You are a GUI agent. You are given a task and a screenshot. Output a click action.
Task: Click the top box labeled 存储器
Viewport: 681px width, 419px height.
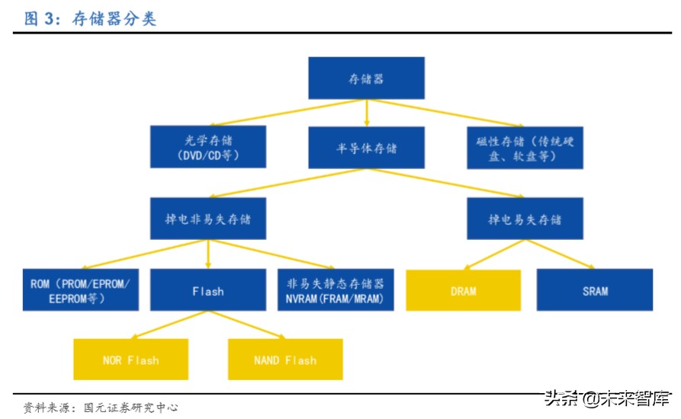coord(366,78)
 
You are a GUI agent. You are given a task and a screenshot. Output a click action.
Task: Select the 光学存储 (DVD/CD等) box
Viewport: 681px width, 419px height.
coord(208,147)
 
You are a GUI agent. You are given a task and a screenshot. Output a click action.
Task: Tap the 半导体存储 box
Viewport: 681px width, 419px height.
coord(366,147)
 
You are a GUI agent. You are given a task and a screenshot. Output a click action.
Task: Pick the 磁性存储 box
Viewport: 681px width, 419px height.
coord(525,147)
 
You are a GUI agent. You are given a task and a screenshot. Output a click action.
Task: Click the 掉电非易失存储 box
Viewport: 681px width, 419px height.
coord(208,219)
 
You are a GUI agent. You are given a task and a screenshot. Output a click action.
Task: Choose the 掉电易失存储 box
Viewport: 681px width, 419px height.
coord(525,219)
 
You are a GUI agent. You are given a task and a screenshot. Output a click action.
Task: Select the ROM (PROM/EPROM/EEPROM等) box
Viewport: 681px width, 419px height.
coord(81,290)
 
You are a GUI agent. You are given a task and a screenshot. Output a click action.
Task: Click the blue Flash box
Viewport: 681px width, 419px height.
coord(207,290)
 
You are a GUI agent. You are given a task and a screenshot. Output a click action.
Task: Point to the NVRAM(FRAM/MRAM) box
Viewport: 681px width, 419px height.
coord(335,290)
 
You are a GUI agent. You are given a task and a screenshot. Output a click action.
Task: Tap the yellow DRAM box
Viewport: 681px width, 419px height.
coord(463,290)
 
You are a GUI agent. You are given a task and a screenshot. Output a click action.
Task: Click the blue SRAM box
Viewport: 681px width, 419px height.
coord(595,290)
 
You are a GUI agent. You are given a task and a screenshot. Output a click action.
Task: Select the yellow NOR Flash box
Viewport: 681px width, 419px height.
coord(130,360)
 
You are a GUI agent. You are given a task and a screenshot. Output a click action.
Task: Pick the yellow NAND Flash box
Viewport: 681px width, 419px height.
coord(285,360)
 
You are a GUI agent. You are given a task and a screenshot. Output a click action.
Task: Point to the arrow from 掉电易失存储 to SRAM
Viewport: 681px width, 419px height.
coord(560,254)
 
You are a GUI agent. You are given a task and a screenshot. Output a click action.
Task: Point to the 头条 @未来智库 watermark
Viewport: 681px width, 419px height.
coord(607,397)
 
